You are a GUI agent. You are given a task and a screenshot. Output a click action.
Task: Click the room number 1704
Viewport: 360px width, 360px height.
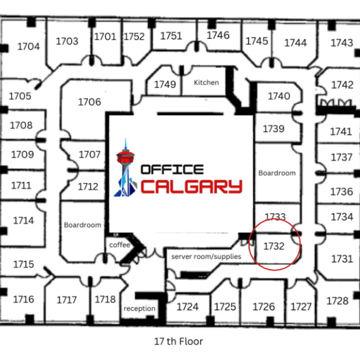point(28,46)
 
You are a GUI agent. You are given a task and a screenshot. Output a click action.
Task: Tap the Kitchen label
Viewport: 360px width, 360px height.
point(206,82)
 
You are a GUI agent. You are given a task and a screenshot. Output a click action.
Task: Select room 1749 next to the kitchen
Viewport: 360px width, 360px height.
point(165,84)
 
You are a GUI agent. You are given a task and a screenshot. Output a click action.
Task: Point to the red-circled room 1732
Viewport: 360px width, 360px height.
point(274,246)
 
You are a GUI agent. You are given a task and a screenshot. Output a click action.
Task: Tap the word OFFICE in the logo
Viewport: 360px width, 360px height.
point(172,170)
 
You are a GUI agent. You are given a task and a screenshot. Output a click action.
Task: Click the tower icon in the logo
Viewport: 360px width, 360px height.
point(126,168)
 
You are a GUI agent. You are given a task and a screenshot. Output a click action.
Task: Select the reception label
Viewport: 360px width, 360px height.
point(139,308)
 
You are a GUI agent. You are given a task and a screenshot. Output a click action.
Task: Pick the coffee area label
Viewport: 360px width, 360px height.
point(120,245)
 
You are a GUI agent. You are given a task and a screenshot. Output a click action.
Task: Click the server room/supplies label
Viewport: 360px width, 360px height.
point(206,256)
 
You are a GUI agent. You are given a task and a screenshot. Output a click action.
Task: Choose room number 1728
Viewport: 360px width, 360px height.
point(337,301)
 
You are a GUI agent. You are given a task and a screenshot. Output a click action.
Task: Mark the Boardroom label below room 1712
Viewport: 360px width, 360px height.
point(82,225)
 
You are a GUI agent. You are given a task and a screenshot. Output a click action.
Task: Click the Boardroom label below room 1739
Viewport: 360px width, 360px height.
point(277,173)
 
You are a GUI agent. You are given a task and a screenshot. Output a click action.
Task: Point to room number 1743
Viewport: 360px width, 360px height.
point(342,43)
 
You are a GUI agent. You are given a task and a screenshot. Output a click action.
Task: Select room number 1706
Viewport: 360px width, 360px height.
point(90,102)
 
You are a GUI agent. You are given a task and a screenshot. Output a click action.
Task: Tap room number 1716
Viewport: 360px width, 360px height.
point(23,299)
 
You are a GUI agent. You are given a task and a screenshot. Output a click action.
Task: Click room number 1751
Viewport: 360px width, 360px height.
point(171,36)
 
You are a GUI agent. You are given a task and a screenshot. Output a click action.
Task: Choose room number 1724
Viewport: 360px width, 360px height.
point(188,307)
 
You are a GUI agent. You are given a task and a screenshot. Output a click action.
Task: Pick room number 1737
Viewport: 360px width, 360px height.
point(342,157)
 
